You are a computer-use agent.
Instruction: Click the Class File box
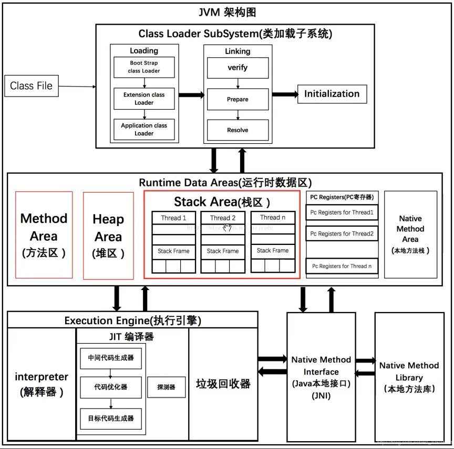coord(32,86)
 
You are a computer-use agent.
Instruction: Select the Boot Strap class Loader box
coord(144,67)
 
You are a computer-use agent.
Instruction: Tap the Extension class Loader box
coord(144,99)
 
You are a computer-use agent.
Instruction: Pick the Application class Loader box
coord(144,129)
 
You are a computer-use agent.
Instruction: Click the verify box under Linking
coord(238,68)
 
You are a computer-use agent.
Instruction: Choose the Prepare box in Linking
coord(238,99)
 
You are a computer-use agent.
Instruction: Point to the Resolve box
coord(238,130)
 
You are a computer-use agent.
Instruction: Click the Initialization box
coord(332,94)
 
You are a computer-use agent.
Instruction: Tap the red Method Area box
coord(44,234)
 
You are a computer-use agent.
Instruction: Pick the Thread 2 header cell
coord(223,218)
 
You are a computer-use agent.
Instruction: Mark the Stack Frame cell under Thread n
coord(273,251)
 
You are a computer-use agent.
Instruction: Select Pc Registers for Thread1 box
coord(342,212)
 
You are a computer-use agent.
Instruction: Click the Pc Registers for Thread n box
coord(342,266)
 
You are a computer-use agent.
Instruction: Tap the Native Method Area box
coord(410,234)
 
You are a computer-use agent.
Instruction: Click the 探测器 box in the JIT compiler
coord(166,387)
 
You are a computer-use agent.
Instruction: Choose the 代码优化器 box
coord(111,387)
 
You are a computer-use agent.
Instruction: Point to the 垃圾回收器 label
coord(223,383)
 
